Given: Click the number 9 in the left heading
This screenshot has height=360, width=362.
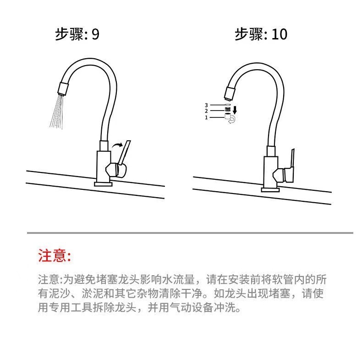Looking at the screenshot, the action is [95, 35].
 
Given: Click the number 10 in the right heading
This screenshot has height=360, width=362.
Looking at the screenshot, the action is [279, 34].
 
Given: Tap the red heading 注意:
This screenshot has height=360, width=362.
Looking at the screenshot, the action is [55, 255].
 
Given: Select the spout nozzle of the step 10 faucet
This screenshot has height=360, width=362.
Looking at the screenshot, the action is [229, 93].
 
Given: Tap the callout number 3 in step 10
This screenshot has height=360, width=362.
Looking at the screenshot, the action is [207, 105].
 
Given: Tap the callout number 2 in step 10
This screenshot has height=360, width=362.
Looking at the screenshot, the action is [207, 111].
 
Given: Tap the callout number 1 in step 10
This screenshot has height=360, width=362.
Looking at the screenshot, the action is [207, 118].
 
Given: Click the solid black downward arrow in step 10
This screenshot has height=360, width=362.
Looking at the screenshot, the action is [235, 111].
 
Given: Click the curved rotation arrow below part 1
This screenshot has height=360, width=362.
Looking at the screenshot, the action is [232, 121].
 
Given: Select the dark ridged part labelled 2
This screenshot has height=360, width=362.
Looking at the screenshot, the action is [227, 110].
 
